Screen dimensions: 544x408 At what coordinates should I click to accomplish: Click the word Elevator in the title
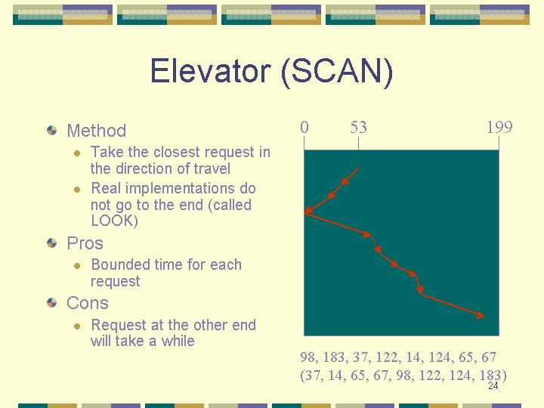[x=211, y=71]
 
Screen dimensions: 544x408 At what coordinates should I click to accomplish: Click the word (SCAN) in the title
[x=337, y=72]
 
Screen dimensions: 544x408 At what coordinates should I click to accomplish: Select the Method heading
[x=97, y=131]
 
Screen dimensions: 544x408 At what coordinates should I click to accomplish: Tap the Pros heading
[x=85, y=243]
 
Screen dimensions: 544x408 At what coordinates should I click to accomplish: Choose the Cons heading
[x=88, y=303]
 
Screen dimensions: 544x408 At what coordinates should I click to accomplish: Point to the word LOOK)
[x=115, y=221]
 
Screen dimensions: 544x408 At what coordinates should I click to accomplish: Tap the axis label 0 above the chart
[x=304, y=128]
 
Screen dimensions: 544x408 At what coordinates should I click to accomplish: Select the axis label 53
[x=358, y=128]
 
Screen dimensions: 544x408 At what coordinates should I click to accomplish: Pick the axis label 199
[x=499, y=128]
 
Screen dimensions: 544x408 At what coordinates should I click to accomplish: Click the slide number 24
[x=493, y=385]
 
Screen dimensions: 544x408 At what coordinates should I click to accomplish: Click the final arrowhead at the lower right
[x=481, y=315]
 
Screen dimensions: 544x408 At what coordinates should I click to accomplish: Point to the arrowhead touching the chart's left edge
[x=308, y=210]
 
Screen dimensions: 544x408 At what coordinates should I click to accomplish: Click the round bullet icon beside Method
[x=51, y=131]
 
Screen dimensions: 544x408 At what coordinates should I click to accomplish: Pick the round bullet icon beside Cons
[x=51, y=302]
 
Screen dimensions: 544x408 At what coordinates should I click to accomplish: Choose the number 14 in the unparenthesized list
[x=414, y=357]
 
